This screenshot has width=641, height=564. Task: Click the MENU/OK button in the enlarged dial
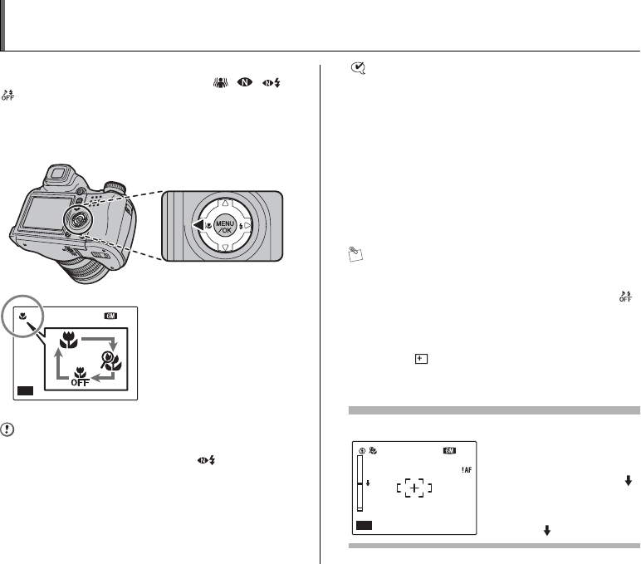click(225, 226)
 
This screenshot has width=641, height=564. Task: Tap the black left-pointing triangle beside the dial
click(198, 225)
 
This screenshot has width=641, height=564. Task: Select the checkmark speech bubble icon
click(358, 68)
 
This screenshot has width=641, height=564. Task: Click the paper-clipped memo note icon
click(355, 254)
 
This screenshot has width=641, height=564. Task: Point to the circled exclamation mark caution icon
click(7, 429)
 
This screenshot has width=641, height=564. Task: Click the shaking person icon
click(220, 83)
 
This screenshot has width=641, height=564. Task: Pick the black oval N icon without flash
click(245, 82)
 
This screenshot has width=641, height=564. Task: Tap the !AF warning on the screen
click(467, 470)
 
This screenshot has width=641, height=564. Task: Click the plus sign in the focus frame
click(414, 488)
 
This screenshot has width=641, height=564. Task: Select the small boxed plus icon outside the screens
click(421, 359)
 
